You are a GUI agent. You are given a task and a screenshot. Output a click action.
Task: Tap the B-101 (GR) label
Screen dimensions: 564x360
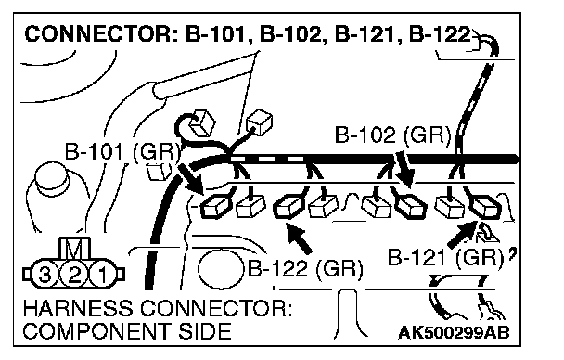[x=122, y=151]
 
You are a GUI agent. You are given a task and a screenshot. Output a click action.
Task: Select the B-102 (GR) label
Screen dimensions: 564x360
[x=392, y=135]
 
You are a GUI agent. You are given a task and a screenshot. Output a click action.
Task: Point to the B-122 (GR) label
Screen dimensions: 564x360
[x=305, y=268]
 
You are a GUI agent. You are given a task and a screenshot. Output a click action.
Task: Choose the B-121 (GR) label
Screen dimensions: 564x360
[x=445, y=258]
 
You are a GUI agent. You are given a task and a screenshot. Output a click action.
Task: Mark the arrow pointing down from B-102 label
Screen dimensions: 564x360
[x=404, y=169]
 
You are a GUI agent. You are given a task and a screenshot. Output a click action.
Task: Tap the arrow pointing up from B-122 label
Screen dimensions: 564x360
[x=299, y=238]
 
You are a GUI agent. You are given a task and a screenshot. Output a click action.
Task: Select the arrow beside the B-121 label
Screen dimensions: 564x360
[x=462, y=234]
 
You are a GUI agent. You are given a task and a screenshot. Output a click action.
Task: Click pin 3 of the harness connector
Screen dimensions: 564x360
[x=45, y=276]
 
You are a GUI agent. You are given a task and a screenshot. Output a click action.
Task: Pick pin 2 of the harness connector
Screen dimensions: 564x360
[x=73, y=276]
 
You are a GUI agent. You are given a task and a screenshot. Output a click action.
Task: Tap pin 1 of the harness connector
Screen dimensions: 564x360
[x=103, y=276]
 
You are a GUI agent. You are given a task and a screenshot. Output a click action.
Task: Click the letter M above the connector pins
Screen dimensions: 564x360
[x=74, y=250]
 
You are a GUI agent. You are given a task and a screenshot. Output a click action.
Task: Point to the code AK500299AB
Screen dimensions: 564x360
[x=454, y=333]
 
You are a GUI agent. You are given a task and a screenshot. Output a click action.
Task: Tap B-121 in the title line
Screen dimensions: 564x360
[x=365, y=34]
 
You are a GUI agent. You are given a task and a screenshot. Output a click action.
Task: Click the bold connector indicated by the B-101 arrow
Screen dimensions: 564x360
[x=214, y=208]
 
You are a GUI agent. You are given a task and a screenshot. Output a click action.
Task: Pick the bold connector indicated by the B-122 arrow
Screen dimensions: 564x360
[x=288, y=207]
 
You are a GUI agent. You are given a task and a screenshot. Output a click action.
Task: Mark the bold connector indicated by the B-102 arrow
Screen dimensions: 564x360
[x=410, y=206]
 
